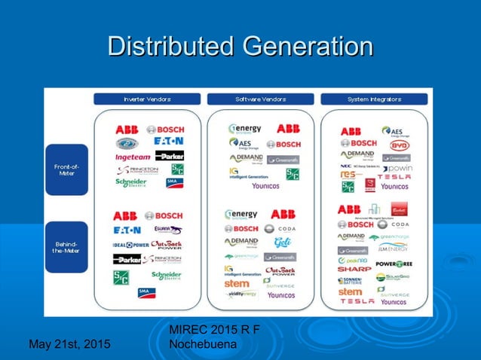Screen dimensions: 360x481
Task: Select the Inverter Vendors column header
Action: (x=147, y=99)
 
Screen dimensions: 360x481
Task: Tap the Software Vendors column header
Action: (x=261, y=99)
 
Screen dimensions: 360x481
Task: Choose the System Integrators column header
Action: (x=375, y=99)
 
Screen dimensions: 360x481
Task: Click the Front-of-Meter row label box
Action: (x=66, y=169)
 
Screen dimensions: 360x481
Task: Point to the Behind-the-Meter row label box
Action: (x=66, y=247)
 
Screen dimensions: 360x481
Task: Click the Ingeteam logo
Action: (x=133, y=157)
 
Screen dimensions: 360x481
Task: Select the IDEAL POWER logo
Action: (x=130, y=245)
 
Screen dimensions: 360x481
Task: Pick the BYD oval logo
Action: (x=399, y=145)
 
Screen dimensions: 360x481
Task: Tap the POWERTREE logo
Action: (x=394, y=264)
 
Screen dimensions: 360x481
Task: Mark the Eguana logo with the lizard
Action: (x=167, y=230)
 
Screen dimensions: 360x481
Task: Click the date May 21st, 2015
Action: (x=69, y=345)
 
